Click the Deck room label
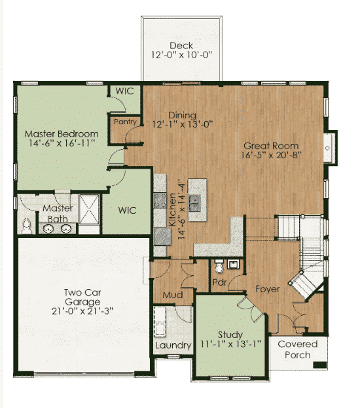[x=181, y=46]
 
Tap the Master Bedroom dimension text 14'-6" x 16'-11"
[x=62, y=143]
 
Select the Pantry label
[x=125, y=122]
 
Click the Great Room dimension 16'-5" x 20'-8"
[x=271, y=155]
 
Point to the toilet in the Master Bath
[x=27, y=226]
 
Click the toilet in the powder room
[x=219, y=267]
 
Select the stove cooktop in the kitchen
[x=160, y=200]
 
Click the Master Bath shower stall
[x=89, y=209]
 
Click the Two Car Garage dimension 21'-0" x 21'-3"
[x=82, y=311]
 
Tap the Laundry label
[x=173, y=345]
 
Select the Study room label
[x=230, y=335]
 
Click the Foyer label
[x=268, y=289]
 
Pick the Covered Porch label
[x=298, y=349]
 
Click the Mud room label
[x=173, y=295]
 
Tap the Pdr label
[x=219, y=282]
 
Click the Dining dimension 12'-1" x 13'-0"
[x=183, y=124]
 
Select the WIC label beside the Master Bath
[x=127, y=211]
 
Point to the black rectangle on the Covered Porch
[x=320, y=365]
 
